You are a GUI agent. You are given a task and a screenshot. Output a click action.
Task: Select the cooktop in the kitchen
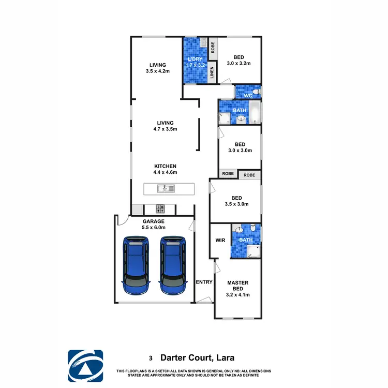coord(160,209)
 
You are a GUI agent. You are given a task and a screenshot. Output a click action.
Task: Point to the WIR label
coord(220,241)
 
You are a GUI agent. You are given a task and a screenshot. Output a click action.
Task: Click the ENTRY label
coord(204,282)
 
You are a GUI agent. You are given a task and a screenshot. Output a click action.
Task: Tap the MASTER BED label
coord(238,286)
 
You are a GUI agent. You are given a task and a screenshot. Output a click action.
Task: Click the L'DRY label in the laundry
coord(196,59)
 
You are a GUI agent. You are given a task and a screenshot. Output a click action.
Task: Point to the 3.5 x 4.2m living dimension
coord(158,71)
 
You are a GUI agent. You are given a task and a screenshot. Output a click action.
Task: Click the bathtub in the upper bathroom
coord(256,113)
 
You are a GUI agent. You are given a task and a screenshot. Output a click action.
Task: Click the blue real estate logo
coord(85,365)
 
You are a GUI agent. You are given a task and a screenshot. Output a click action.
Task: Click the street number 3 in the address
coord(151,357)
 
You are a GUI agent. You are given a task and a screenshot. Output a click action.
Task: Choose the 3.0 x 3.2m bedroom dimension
coord(238,64)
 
